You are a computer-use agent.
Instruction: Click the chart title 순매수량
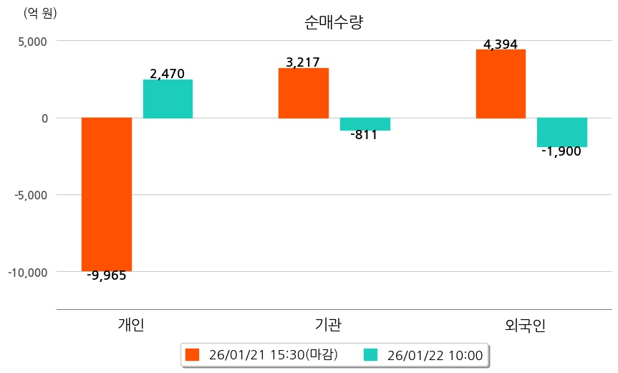point(334,22)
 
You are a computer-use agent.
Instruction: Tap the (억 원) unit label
point(40,12)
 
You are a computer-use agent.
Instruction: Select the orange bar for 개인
point(107,194)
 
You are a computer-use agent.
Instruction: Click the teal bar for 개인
point(168,99)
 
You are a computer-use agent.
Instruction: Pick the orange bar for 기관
point(304,93)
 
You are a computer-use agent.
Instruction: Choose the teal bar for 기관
point(365,124)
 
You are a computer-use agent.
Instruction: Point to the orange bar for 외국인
point(501,83)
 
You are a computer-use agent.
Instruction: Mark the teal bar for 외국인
point(562,132)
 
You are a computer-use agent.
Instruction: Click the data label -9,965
point(106,275)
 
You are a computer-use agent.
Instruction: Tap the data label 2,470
point(168,73)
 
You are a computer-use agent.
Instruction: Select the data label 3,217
point(302,62)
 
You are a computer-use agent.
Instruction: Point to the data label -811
point(364,135)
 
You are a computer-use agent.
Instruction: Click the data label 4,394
point(501,44)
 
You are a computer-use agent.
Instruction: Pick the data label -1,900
point(561,151)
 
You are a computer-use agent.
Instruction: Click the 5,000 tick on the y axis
point(32,41)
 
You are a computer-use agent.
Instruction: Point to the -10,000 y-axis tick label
point(27,272)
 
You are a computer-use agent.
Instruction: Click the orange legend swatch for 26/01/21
point(191,354)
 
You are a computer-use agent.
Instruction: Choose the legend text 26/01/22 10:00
point(435,354)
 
